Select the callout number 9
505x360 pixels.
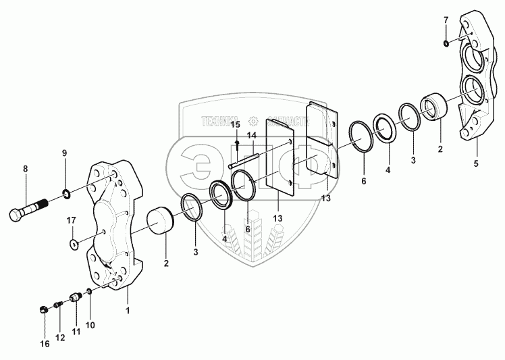click(65, 153)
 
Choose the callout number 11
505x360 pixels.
click(75, 332)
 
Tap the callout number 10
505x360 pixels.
click(90, 325)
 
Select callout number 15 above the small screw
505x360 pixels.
click(235, 125)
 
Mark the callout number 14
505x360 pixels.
click(251, 136)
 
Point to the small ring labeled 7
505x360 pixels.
click(447, 44)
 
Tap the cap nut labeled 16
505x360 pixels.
click(42, 310)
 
